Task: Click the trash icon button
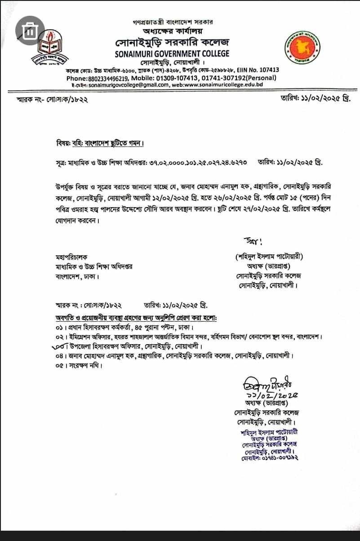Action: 30,31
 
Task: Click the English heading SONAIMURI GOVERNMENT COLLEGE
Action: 172,53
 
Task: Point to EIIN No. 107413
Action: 258,70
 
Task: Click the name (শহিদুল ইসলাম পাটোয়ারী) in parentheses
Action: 269,257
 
